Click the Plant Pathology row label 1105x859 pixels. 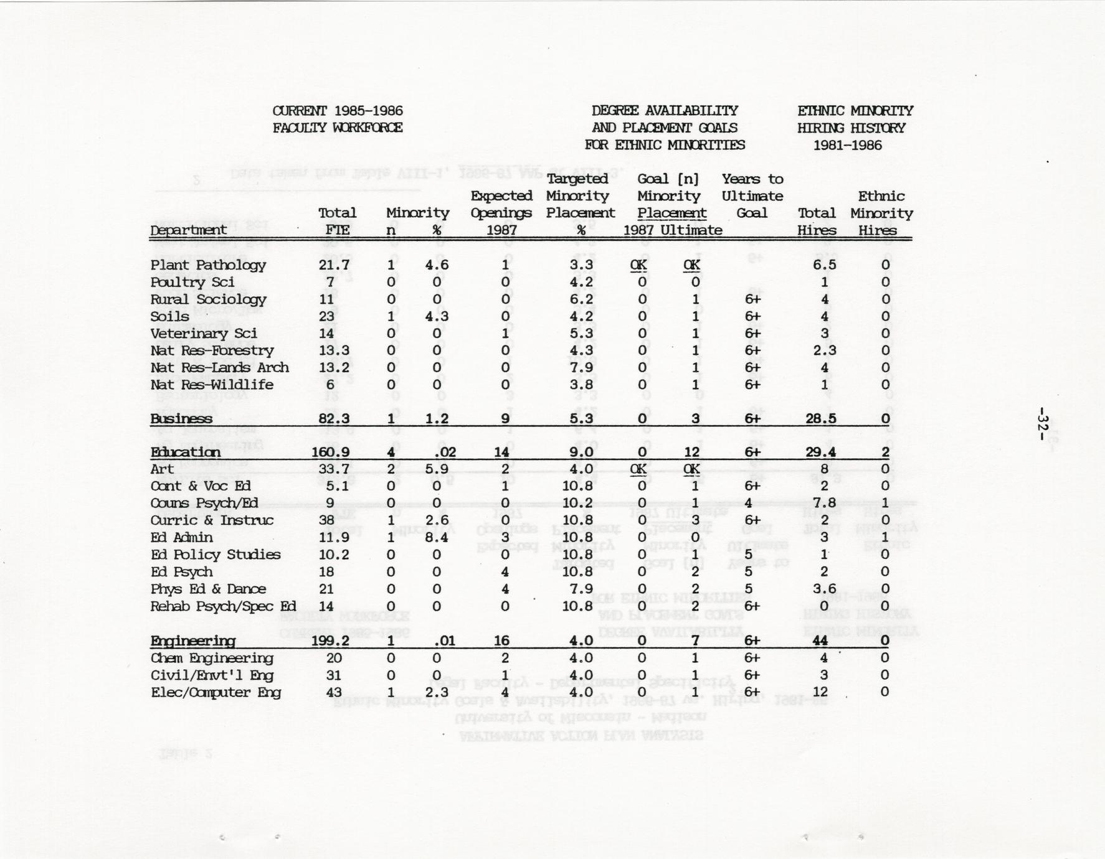tap(208, 265)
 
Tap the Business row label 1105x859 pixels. tap(181, 419)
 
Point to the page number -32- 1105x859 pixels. tap(1043, 424)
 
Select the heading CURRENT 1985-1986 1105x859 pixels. tap(338, 111)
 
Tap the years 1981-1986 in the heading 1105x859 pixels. tap(847, 145)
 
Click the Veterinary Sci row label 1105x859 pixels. tap(203, 334)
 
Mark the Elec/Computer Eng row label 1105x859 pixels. tap(216, 692)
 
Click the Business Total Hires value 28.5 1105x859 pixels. tap(820, 419)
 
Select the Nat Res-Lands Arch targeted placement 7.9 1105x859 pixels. tap(580, 368)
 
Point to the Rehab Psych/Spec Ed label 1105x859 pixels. tap(223, 606)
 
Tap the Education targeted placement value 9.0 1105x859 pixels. tap(580, 453)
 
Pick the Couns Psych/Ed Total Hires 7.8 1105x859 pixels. tap(823, 504)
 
